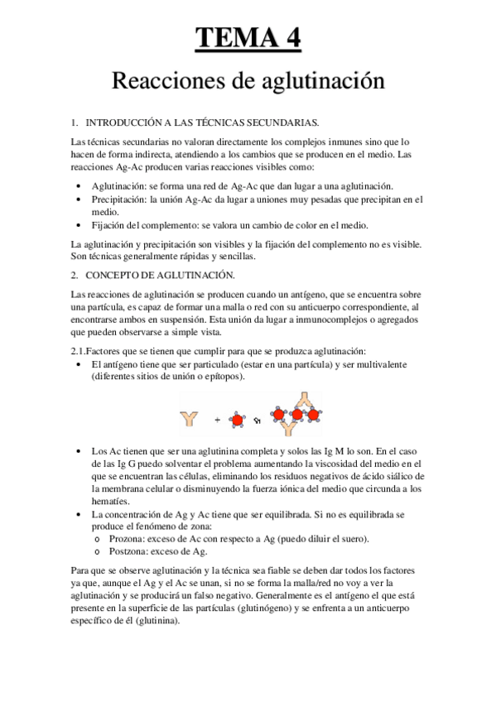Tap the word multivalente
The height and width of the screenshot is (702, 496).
[383, 363]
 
